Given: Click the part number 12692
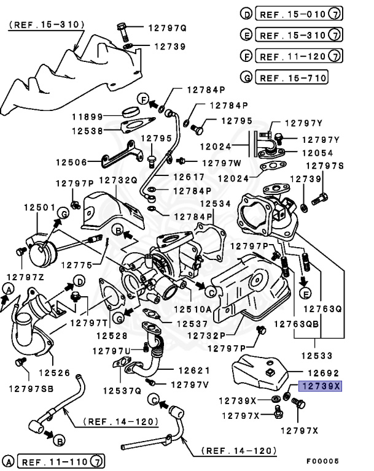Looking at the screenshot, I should [322, 372].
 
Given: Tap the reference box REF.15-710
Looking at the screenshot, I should [292, 78].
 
